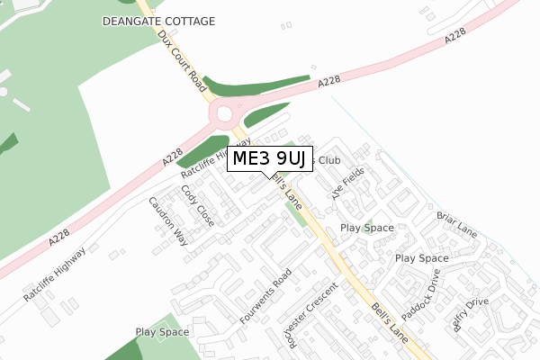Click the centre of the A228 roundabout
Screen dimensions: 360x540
coord(226,114)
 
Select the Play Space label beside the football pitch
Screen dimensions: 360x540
coord(162,332)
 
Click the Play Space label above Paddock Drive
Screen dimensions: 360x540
coord(422,258)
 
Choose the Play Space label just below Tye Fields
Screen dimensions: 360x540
coord(367,228)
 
